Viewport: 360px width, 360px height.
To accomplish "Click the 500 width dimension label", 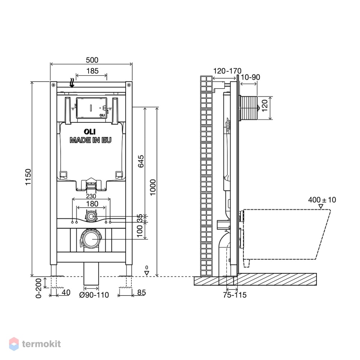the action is click(92, 60).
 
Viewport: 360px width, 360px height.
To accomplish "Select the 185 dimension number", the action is click(92, 71).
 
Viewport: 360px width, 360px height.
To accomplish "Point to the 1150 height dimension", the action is click(28, 177).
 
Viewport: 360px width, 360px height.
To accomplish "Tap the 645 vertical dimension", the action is click(141, 161).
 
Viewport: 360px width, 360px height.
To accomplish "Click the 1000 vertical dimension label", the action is click(153, 187).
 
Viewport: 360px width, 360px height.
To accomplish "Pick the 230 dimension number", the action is click(91, 196).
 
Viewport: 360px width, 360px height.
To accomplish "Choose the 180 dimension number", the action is click(92, 204).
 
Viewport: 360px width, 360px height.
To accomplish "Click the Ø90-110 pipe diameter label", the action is click(94, 295).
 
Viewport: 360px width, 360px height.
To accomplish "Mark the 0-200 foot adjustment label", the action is click(39, 288).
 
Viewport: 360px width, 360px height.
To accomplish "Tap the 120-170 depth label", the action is click(227, 71).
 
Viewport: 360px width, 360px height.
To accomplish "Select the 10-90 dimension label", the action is click(250, 77).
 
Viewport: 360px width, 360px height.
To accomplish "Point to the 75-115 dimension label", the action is click(235, 295).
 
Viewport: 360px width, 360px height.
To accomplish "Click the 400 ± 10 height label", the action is click(322, 200).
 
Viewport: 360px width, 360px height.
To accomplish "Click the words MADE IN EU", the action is click(91, 140).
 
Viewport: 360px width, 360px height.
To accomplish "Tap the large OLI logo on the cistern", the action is click(90, 131).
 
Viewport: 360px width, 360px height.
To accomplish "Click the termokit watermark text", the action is click(41, 344).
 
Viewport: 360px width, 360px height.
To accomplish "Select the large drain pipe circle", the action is click(91, 239).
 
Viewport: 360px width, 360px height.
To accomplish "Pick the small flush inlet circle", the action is click(91, 216).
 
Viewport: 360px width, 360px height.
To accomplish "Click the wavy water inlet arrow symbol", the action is click(72, 83).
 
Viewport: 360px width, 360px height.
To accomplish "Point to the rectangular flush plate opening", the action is click(91, 108).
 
